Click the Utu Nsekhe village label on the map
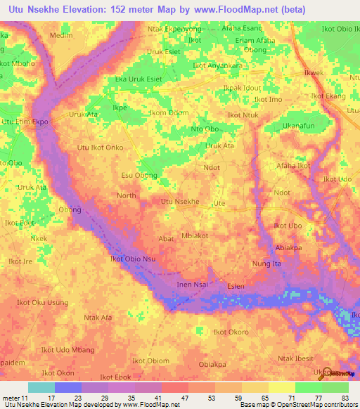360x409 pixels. pos(181,202)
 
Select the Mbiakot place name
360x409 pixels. pos(195,236)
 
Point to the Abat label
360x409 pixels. pos(166,239)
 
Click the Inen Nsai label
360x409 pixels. pos(193,284)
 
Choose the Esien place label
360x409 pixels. pos(236,286)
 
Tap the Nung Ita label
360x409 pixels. pos(266,264)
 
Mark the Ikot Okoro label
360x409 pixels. pos(231,332)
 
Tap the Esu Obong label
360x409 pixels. pos(139,175)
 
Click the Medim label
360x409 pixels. pos(61,34)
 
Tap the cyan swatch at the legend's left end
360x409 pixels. pos(41,387)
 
